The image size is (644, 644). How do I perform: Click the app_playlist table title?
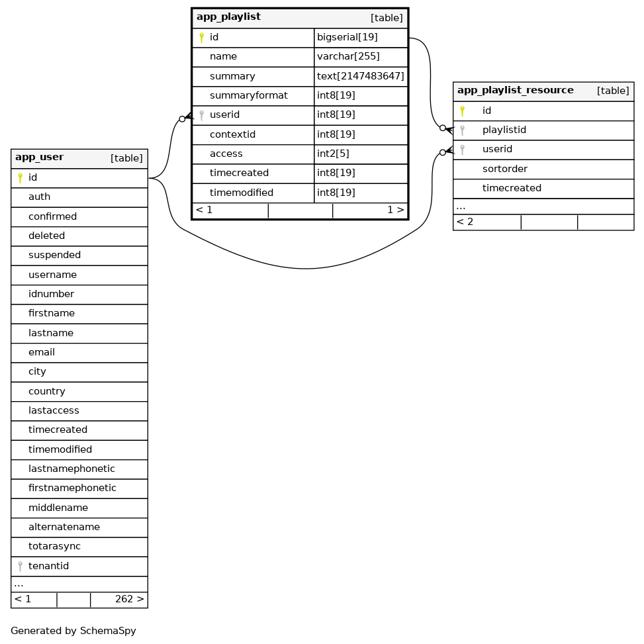click(228, 17)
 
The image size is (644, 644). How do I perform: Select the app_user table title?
click(39, 158)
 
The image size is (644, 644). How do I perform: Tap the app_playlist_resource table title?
click(515, 91)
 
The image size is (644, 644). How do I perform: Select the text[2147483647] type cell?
click(360, 76)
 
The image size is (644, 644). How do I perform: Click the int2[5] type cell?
click(333, 154)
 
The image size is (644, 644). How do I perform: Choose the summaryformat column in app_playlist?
click(248, 95)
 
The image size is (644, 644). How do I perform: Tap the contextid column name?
click(232, 134)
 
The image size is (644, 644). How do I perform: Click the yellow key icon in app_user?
click(20, 177)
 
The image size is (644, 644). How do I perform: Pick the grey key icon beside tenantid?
click(20, 566)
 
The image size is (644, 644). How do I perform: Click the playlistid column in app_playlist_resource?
click(504, 130)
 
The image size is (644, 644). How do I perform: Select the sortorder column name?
click(504, 169)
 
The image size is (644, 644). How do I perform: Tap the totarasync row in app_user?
click(54, 546)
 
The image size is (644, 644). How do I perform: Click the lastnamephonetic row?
click(71, 469)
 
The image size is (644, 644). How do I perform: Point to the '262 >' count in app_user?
click(129, 599)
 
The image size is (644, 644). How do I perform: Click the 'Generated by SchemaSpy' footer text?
click(73, 631)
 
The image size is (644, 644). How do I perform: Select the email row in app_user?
click(41, 352)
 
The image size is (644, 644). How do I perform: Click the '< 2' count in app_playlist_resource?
click(465, 222)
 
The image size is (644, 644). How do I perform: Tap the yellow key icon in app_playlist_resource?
click(462, 111)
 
